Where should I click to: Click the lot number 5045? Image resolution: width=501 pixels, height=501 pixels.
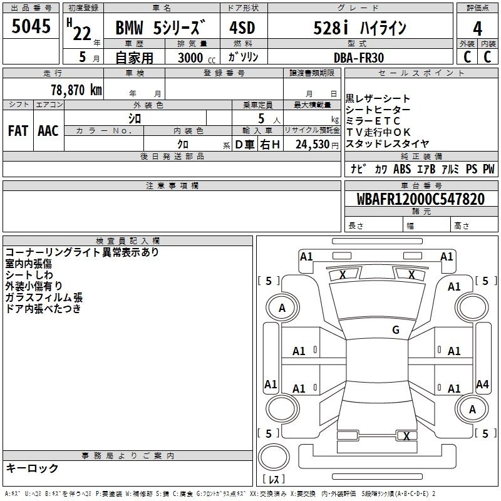pos(31,26)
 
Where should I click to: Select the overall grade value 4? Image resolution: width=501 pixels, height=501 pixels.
pos(477,29)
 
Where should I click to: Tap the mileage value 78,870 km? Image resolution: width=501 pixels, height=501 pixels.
pos(76,90)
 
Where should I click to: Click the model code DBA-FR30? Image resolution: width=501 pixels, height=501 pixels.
pos(358,58)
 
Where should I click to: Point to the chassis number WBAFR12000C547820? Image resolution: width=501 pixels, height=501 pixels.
pos(420,199)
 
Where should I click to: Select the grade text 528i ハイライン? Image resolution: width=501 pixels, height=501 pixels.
pos(359,28)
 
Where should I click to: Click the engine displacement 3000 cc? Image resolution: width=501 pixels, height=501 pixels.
pos(197,58)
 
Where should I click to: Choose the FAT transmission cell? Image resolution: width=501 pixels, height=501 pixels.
pos(18,131)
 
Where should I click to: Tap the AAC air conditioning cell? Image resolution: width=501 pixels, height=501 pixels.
pos(48,131)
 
